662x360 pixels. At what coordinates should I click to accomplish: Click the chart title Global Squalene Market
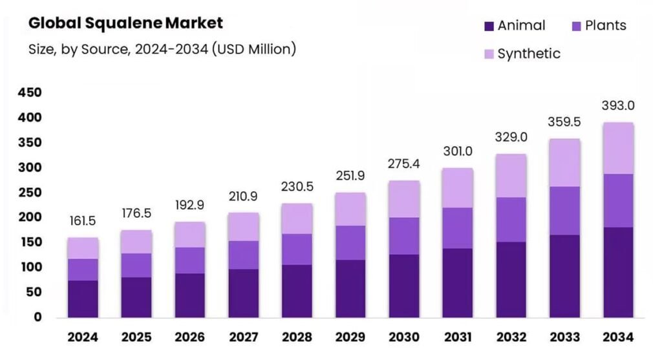[x=125, y=23]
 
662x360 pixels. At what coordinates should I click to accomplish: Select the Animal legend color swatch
[x=489, y=26]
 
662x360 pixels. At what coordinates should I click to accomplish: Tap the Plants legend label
[x=605, y=26]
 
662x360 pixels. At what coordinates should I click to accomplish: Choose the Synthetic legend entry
[x=528, y=54]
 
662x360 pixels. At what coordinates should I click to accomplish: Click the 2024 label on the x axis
[x=83, y=337]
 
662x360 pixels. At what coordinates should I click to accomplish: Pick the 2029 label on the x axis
[x=350, y=337]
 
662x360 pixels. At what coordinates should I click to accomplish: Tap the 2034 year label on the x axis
[x=618, y=337]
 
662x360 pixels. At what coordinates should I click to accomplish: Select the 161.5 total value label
[x=83, y=221]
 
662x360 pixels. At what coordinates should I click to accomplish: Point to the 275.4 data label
[x=403, y=164]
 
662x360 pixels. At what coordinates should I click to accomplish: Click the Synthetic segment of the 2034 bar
[x=618, y=148]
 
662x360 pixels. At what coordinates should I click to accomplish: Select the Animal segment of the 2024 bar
[x=83, y=299]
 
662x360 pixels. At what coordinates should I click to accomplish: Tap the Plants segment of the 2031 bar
[x=457, y=228]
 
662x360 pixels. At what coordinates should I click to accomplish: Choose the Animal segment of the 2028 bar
[x=297, y=291]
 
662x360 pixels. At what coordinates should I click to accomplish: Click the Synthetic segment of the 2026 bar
[x=189, y=235]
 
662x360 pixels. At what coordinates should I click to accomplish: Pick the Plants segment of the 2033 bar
[x=564, y=211]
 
